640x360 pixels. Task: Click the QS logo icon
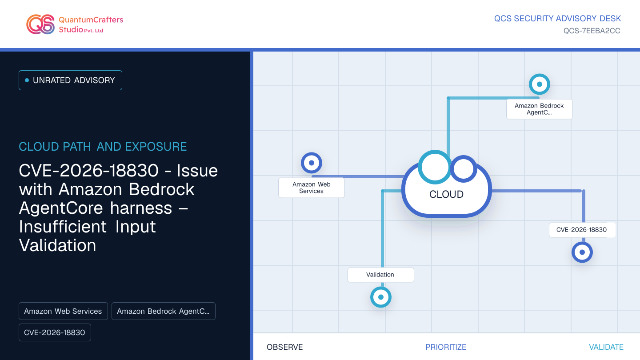[40, 24]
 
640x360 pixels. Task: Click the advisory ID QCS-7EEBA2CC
[592, 31]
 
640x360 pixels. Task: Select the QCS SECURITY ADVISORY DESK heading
[557, 19]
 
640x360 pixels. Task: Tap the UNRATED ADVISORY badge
[70, 80]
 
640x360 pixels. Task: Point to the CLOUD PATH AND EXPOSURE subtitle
[103, 147]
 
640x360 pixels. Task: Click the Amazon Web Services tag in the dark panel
[63, 311]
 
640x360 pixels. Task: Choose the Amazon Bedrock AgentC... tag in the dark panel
[164, 311]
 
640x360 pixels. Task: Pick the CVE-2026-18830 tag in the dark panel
[55, 332]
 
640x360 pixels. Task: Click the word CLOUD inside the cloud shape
[446, 194]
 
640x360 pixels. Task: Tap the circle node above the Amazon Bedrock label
[540, 84]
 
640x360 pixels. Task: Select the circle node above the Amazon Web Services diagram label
[312, 163]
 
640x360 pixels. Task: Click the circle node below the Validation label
[381, 297]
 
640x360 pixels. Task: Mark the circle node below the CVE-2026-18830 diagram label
[582, 252]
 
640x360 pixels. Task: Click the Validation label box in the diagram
[381, 275]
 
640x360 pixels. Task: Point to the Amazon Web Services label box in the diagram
[312, 188]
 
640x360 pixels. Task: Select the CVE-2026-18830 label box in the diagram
[582, 230]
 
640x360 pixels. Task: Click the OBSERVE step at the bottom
[284, 347]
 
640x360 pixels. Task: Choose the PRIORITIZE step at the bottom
[446, 347]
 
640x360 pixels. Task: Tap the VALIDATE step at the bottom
[606, 347]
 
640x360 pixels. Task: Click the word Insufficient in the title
[63, 227]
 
